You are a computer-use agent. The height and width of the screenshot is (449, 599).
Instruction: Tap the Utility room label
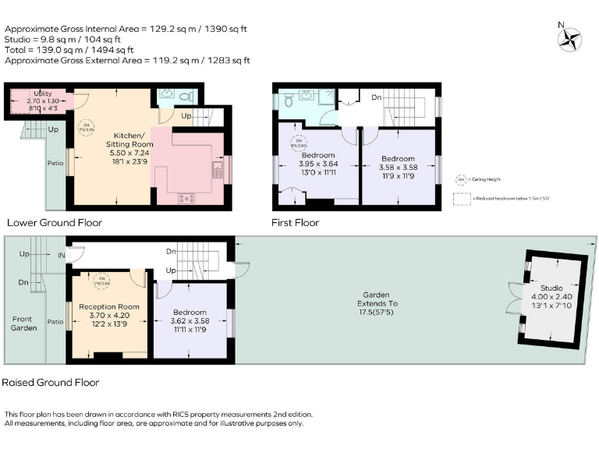pyautogui.click(x=37, y=94)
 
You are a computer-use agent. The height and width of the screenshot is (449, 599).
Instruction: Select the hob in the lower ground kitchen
pyautogui.click(x=187, y=197)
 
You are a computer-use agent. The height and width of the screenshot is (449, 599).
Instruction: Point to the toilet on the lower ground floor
pyautogui.click(x=184, y=97)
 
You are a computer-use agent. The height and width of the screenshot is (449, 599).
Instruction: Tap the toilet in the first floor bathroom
pyautogui.click(x=288, y=100)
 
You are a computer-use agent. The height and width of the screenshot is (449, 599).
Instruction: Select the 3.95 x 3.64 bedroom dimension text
pyautogui.click(x=318, y=163)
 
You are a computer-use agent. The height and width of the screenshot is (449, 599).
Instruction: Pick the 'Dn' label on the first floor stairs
pyautogui.click(x=376, y=98)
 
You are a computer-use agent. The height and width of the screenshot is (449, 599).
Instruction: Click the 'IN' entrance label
pyautogui.click(x=61, y=255)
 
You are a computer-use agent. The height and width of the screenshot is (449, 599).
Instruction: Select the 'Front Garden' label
pyautogui.click(x=23, y=323)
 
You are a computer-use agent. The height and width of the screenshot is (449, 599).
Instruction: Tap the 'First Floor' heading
pyautogui.click(x=295, y=222)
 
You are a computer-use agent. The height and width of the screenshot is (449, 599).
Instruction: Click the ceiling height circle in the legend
pyautogui.click(x=461, y=179)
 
